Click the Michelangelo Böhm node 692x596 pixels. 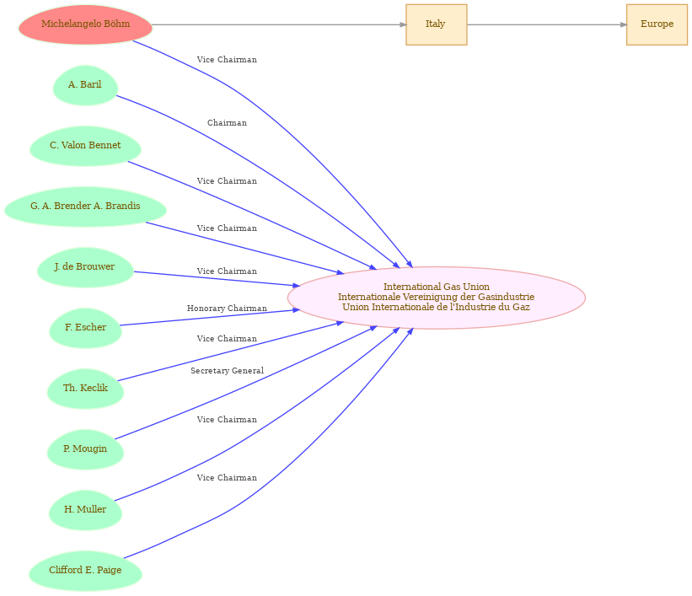(85, 24)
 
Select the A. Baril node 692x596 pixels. (85, 85)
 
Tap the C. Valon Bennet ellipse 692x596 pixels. (85, 146)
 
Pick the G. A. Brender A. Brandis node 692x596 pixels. (85, 207)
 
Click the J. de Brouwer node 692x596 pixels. (85, 267)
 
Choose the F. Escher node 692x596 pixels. (85, 328)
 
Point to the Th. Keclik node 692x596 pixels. (85, 389)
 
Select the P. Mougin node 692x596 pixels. (85, 449)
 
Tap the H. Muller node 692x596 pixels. (85, 510)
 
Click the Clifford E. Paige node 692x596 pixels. (85, 571)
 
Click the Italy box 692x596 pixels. (436, 24)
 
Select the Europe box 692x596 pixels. (657, 24)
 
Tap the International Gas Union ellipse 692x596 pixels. (436, 298)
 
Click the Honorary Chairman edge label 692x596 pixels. (227, 309)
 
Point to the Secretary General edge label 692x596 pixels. (227, 371)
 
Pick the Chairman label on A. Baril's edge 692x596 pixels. (227, 123)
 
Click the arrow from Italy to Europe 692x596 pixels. (546, 24)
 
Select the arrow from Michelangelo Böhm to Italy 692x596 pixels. (279, 24)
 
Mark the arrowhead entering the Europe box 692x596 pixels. (624, 24)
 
